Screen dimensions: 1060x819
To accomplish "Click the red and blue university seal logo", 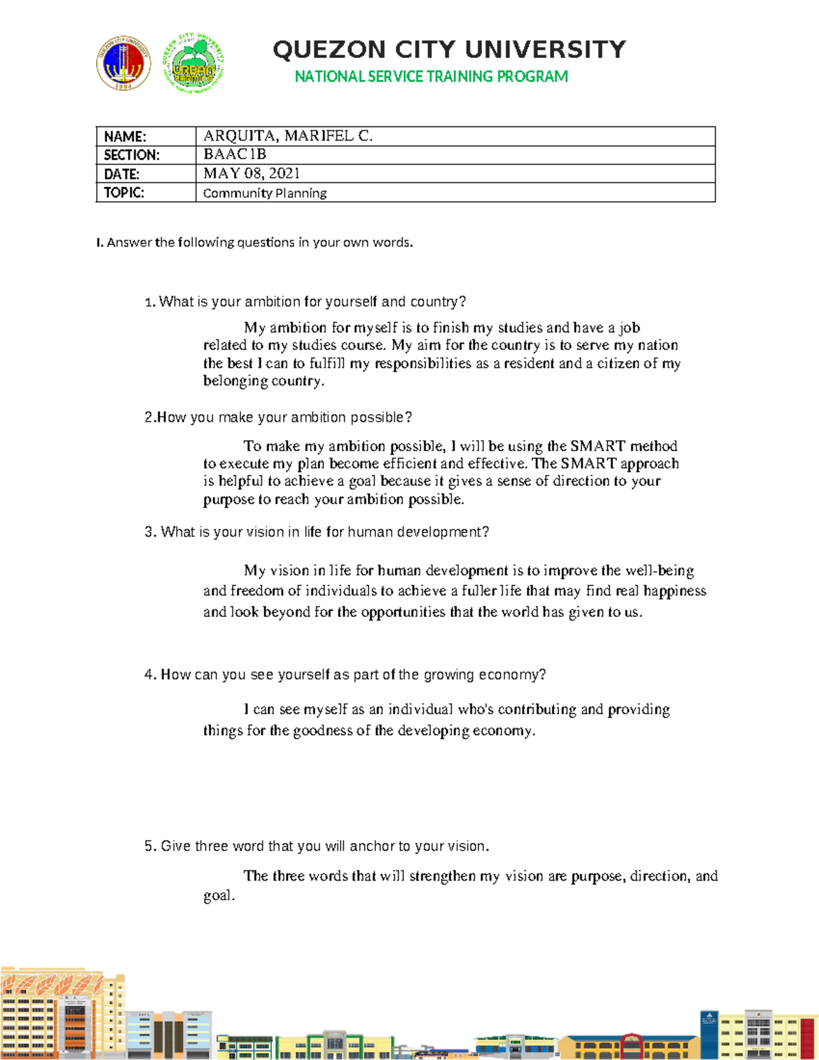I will click(x=124, y=63).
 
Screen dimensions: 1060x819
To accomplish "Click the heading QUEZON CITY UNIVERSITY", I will click(x=449, y=50).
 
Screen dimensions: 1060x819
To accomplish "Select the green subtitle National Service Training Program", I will click(x=431, y=76).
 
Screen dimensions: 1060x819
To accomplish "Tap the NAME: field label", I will click(x=125, y=137).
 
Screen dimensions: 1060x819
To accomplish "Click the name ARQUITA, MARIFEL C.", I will click(x=288, y=136).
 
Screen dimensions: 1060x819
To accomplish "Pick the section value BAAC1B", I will click(x=235, y=154).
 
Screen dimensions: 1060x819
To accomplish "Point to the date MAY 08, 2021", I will click(x=251, y=173).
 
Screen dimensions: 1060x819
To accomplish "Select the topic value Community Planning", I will click(x=265, y=193).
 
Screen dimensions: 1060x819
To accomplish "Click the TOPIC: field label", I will click(x=124, y=192).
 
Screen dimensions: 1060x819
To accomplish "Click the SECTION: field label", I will click(x=132, y=155).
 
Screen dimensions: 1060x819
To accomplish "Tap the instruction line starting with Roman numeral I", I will click(x=255, y=242).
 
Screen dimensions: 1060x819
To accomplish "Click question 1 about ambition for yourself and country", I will click(x=305, y=302).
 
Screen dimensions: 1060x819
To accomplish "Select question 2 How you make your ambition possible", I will click(x=278, y=417).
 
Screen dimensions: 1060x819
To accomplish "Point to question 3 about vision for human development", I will click(x=317, y=532).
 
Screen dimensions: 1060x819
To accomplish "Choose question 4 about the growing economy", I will click(x=345, y=674).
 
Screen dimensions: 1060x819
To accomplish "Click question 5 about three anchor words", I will click(x=317, y=846).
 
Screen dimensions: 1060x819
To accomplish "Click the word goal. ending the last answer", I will click(x=219, y=896).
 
